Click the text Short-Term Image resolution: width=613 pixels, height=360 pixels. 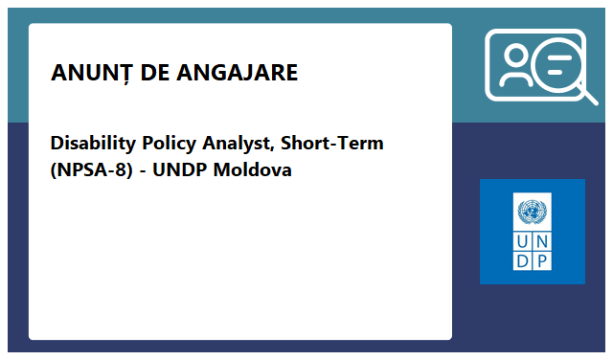[x=332, y=144]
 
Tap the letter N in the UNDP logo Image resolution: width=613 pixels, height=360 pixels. [x=542, y=240]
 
